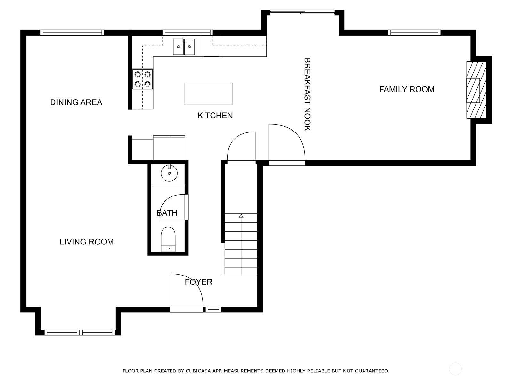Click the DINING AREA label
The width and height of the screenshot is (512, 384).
[76, 102]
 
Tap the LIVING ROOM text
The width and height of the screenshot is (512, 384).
[86, 242]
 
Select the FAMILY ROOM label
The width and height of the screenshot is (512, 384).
[407, 90]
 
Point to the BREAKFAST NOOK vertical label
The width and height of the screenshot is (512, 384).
[307, 94]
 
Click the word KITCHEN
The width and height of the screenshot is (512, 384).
[215, 116]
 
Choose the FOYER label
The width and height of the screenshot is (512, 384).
[198, 282]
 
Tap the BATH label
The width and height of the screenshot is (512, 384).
[167, 213]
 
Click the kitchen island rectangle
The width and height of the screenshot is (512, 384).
[209, 93]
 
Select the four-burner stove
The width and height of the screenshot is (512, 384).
[142, 79]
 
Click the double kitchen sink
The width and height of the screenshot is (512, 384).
[184, 47]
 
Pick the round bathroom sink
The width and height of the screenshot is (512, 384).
[169, 173]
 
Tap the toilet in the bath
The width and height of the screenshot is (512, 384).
[168, 239]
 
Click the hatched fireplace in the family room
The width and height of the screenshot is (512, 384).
[476, 90]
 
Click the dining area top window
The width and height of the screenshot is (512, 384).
[72, 33]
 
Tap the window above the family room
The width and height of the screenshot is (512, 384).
[414, 33]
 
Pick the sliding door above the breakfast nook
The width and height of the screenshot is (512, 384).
[302, 12]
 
